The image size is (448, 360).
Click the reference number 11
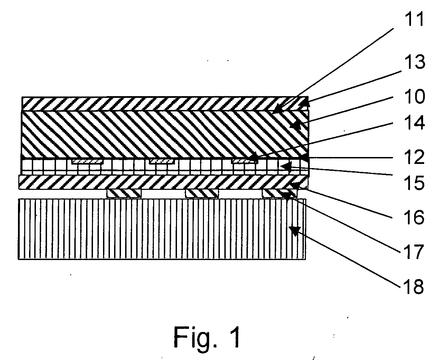[414, 19]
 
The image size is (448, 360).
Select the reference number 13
[414, 62]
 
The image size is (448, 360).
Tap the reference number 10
[414, 97]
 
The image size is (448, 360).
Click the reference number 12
[414, 157]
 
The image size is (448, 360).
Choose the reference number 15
[414, 183]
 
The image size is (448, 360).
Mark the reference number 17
[414, 252]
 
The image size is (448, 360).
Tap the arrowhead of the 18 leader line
[295, 231]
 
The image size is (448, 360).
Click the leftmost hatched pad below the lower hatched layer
[124, 194]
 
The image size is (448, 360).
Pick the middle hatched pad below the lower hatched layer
[202, 194]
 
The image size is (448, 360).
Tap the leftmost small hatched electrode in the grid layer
[87, 161]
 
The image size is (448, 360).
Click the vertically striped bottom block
[162, 229]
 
